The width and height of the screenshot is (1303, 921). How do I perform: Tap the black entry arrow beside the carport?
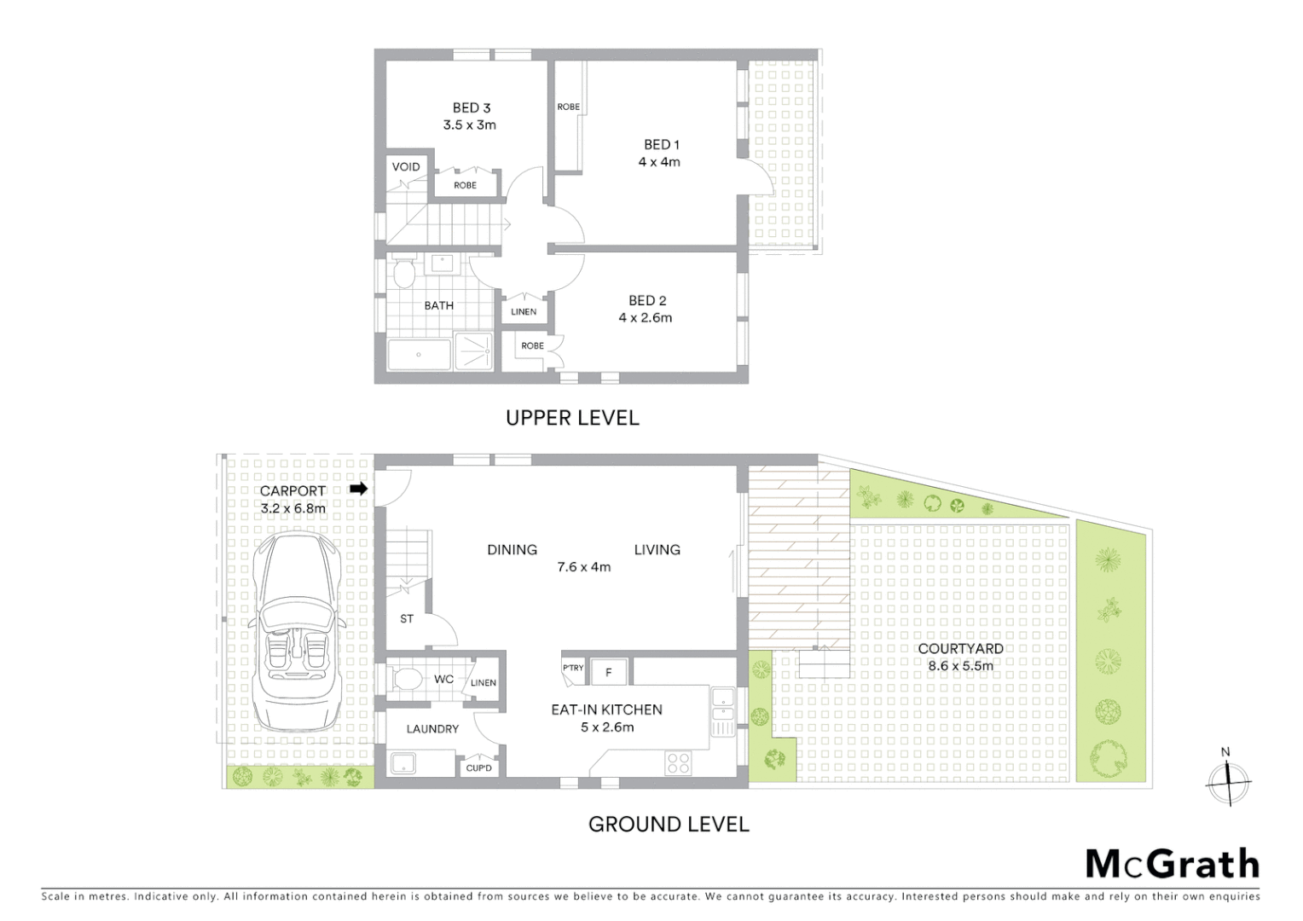(x=359, y=489)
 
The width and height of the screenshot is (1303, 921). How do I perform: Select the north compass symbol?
(x=1227, y=779)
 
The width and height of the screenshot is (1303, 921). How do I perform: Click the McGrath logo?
(x=1173, y=864)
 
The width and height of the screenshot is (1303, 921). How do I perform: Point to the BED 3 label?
(x=471, y=107)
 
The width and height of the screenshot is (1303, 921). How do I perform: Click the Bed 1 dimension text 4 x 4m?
(x=659, y=162)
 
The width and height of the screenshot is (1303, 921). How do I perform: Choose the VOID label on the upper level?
(x=406, y=166)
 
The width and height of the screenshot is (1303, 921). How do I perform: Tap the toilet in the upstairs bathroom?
(x=404, y=275)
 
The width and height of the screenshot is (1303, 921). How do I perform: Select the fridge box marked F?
(x=609, y=672)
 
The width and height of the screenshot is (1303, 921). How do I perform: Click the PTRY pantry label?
(x=573, y=668)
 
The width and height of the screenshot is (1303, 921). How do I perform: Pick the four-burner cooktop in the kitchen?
(x=678, y=762)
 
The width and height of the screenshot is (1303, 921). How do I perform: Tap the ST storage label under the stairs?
(x=407, y=618)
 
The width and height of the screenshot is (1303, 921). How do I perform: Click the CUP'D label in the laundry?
(x=478, y=767)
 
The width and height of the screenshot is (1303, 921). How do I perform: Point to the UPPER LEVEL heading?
(x=572, y=418)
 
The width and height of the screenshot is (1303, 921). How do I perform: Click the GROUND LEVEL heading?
(x=669, y=825)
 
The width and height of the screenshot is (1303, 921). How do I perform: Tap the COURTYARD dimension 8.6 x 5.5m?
(x=960, y=666)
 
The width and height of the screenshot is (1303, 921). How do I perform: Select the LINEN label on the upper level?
(x=524, y=311)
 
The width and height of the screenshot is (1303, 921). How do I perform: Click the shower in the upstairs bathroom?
(x=473, y=350)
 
